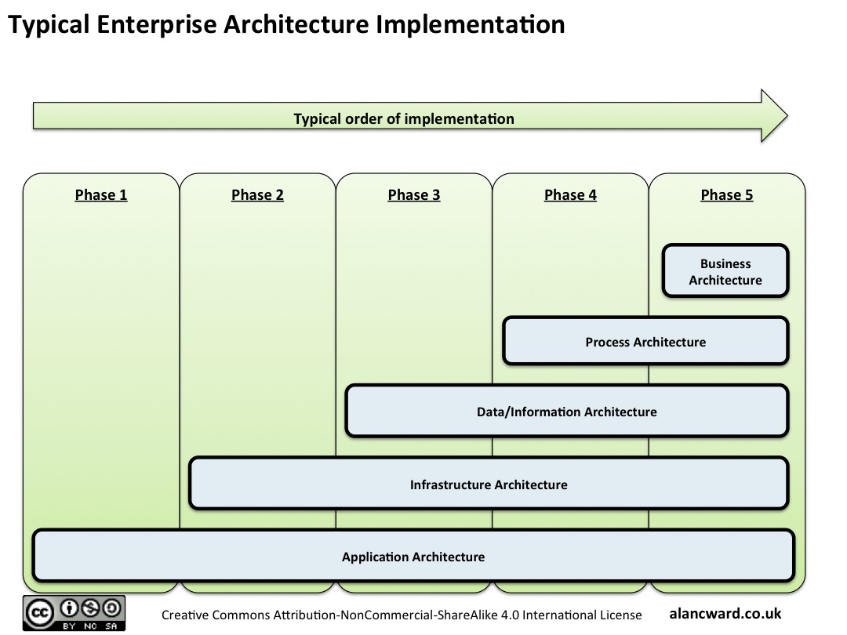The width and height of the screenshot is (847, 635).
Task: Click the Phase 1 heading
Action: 101,195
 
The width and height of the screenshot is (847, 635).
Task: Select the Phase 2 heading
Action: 257,195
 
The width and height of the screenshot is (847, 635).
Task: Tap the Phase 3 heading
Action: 414,195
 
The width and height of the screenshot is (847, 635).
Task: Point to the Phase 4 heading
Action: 570,195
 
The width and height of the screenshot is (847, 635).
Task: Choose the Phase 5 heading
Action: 727,195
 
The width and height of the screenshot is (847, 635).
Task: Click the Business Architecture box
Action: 725,271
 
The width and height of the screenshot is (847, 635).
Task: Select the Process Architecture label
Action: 645,342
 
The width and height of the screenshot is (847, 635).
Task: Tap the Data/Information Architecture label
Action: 567,412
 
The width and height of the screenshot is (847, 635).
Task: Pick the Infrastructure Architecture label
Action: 489,484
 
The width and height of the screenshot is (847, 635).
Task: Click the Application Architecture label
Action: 413,557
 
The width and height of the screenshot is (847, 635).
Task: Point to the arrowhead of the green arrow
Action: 773,115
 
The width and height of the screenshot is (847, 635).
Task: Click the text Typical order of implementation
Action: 404,119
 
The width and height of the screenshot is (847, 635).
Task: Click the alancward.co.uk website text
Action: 725,614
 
